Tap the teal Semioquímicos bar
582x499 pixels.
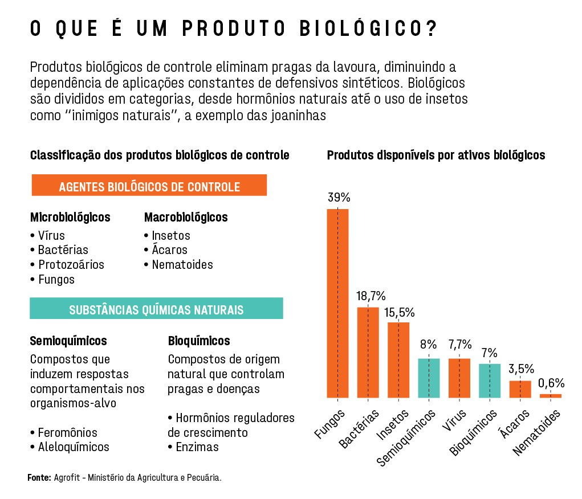pos(429,378)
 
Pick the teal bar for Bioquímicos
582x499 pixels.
pos(490,381)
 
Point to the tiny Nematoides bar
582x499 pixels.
pos(551,395)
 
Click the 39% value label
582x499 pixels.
pos(339,198)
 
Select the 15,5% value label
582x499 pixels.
pos(399,313)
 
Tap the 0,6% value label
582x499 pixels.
pos(551,383)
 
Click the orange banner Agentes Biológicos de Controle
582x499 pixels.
pos(149,187)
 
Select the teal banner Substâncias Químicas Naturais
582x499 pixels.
pos(156,310)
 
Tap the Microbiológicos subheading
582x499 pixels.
pos(70,218)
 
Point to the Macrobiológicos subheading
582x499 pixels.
pos(186,218)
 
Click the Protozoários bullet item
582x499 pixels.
pos(71,265)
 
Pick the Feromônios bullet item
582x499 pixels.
pos(67,432)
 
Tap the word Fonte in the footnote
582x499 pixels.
pos(39,477)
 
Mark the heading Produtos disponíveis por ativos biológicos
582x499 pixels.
pos(436,155)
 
